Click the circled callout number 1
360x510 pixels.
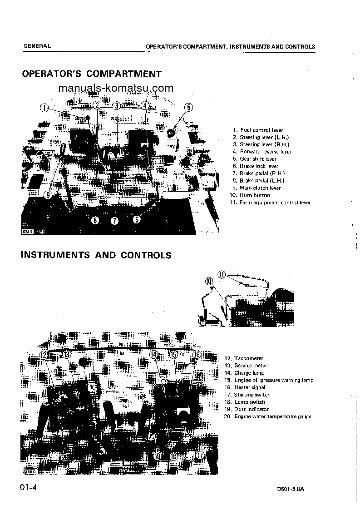pos(44,108)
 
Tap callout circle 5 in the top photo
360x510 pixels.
pos(189,108)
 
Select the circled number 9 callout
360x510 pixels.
pos(48,195)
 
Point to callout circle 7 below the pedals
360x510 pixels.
pos(114,221)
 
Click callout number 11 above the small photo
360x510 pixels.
pos(222,274)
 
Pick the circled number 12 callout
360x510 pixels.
pos(44,355)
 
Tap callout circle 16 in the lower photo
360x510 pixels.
pos(197,355)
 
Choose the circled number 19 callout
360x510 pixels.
pos(158,456)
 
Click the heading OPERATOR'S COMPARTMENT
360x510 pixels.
pos(92,74)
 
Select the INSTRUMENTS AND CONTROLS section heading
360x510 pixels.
pos(96,255)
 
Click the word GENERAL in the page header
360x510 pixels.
pos(37,46)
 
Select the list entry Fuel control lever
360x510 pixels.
pos(261,130)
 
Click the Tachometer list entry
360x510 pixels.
pos(248,358)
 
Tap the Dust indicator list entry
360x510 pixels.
pos(251,409)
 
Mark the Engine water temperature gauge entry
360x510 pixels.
pos(272,416)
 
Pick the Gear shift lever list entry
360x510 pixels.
pos(258,159)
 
